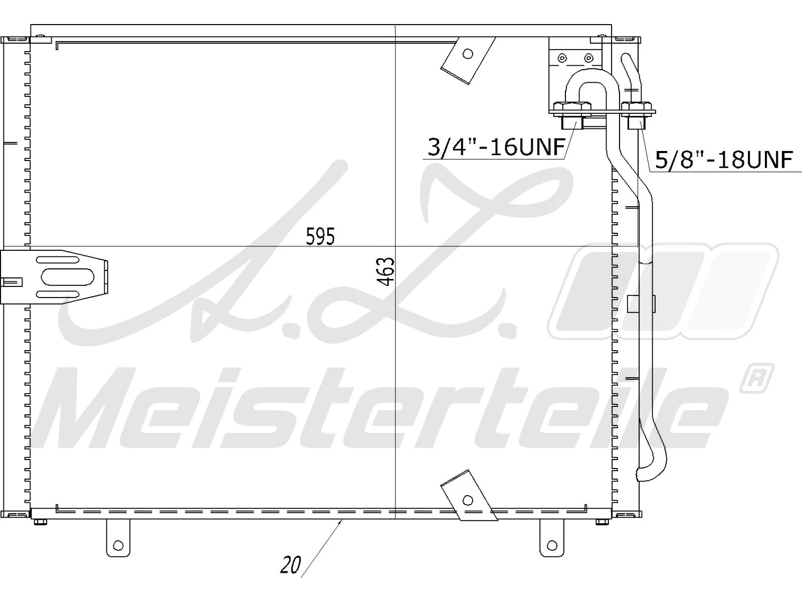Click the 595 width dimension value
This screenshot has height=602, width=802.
click(x=320, y=236)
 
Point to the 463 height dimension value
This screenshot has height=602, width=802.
click(x=386, y=271)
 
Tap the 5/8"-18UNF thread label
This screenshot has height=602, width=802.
click(x=724, y=160)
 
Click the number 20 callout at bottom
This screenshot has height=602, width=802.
click(x=290, y=566)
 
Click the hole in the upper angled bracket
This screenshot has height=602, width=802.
click(x=468, y=54)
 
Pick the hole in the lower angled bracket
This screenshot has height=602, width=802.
click(x=468, y=500)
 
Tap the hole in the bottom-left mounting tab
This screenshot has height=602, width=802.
click(x=118, y=545)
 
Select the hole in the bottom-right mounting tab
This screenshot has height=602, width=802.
click(x=552, y=545)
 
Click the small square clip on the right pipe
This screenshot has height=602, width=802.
click(x=641, y=303)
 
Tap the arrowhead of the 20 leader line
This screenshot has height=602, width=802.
click(x=341, y=523)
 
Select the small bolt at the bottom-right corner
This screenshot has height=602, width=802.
click(x=602, y=523)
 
